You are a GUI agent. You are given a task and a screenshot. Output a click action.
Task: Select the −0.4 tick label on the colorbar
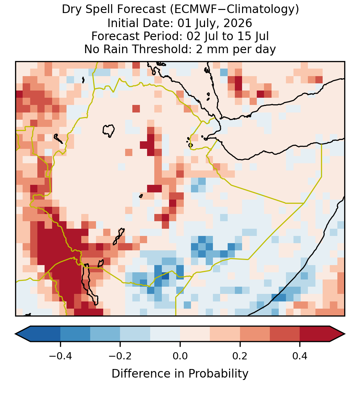(60, 356)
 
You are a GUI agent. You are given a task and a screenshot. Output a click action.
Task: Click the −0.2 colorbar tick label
(120, 356)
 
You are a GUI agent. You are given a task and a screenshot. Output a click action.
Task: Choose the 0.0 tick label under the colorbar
(180, 356)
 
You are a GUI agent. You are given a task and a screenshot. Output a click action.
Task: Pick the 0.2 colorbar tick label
(240, 356)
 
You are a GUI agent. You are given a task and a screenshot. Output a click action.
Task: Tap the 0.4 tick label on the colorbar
(300, 356)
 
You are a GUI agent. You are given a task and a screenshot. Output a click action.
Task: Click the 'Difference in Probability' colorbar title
(180, 374)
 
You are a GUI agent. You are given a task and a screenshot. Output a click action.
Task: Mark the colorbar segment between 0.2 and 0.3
(255, 334)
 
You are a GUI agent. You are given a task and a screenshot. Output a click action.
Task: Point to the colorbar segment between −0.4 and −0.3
(75, 334)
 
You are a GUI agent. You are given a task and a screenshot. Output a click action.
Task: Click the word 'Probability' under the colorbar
(218, 374)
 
